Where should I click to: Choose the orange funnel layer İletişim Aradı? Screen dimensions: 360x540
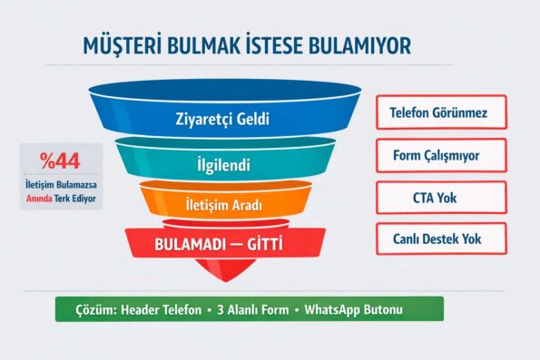tap(223, 206)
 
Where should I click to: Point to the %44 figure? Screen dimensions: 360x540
tap(60, 161)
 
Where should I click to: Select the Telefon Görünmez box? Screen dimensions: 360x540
tap(441, 112)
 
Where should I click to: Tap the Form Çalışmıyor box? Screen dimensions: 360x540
tap(441, 155)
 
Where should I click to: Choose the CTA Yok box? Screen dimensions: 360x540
tap(441, 197)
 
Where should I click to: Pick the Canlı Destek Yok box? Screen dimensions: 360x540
tap(441, 239)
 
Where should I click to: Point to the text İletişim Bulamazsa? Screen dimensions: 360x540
tap(61, 185)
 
